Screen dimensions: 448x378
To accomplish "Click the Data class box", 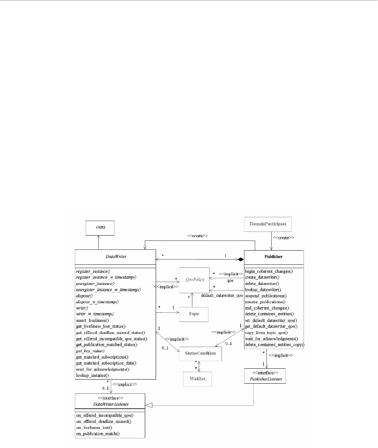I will click(100, 228).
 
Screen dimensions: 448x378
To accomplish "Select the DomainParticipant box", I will click(268, 224).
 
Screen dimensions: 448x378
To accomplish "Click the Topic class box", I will click(193, 314).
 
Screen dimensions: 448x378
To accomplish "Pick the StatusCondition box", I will click(200, 353).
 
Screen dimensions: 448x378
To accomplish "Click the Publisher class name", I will click(274, 257).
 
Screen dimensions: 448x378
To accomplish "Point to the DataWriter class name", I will click(115, 257).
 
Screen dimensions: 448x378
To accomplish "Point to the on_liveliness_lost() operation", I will click(94, 427).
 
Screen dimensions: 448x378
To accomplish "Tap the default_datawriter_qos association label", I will click(222, 295).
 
